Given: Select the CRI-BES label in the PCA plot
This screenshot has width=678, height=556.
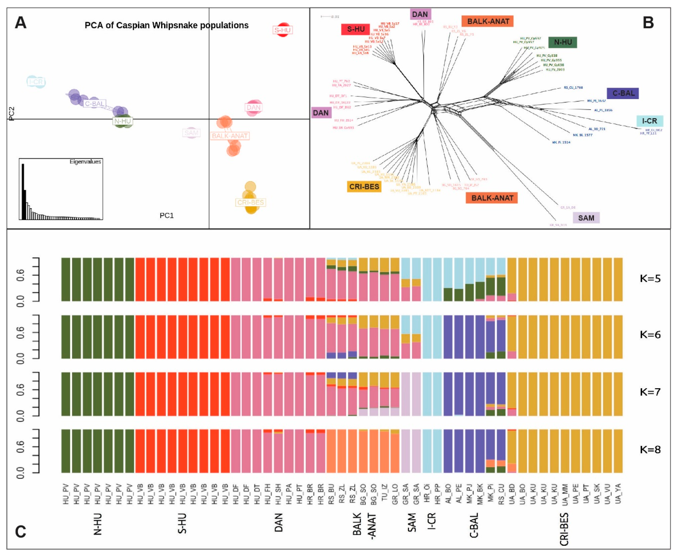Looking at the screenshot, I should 251,202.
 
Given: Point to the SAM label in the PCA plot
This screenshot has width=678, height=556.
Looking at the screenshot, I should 191,133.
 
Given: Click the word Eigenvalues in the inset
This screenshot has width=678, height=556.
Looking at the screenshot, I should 85,162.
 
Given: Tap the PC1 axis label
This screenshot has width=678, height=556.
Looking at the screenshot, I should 167,215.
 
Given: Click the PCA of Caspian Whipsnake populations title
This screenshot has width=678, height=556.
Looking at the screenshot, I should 167,25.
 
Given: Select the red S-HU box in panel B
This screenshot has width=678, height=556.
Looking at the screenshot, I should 356,29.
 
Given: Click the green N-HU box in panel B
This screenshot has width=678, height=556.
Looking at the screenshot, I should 563,42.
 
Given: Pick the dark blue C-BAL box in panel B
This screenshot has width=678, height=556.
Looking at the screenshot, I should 623,93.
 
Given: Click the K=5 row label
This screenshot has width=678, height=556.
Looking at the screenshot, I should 650,278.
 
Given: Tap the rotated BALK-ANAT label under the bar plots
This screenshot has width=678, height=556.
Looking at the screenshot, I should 364,524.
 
